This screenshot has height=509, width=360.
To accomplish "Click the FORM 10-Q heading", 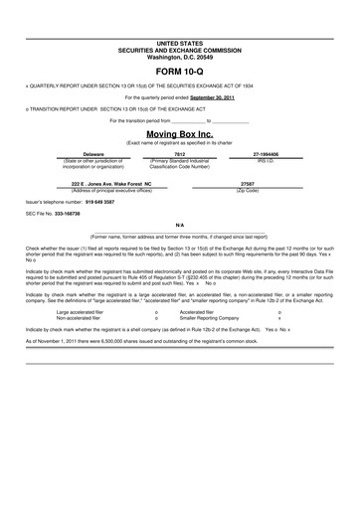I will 179,73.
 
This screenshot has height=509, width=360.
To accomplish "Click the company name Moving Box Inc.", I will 179,133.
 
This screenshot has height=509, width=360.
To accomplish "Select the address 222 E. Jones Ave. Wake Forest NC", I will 96,184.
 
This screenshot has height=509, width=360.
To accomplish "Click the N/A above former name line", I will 179,226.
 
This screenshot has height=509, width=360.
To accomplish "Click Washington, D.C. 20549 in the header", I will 179,58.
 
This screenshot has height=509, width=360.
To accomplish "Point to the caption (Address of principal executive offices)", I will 96,190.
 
